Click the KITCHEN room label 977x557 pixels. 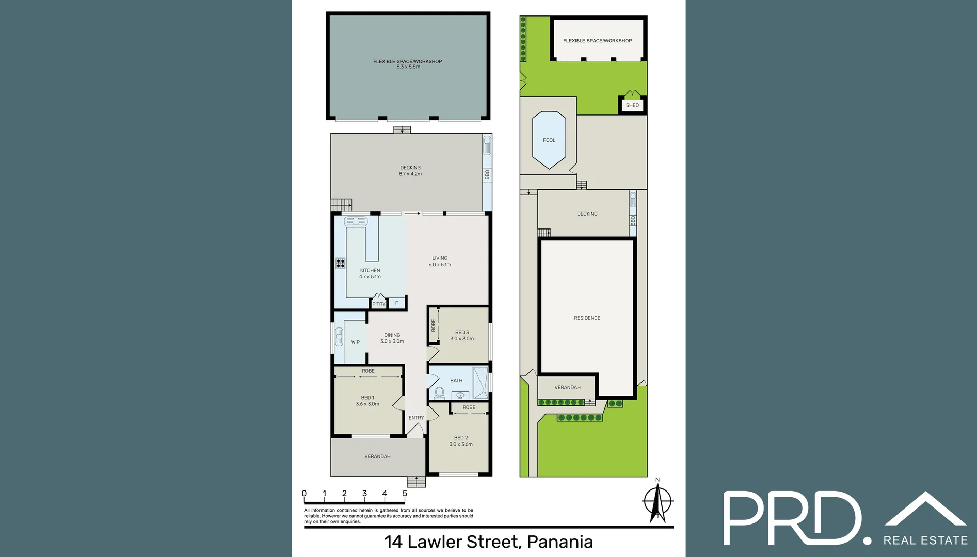[370, 270]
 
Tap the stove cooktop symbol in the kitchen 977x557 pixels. [340, 264]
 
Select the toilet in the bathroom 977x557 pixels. [439, 393]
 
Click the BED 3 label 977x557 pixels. [462, 333]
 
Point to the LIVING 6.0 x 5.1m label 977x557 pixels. [440, 261]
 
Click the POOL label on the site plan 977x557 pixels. [549, 140]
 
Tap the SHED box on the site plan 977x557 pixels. [632, 105]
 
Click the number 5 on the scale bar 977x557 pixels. [405, 494]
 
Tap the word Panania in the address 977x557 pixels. [559, 542]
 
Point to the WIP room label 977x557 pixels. [356, 342]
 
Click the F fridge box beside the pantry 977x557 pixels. [396, 303]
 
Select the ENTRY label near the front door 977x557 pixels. [416, 418]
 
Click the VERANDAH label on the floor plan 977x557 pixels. [377, 456]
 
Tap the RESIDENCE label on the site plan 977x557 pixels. [587, 318]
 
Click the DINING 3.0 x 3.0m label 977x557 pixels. [392, 338]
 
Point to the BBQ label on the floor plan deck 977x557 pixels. [487, 175]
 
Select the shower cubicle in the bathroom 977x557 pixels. [480, 382]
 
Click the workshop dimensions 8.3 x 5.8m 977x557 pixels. [408, 67]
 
